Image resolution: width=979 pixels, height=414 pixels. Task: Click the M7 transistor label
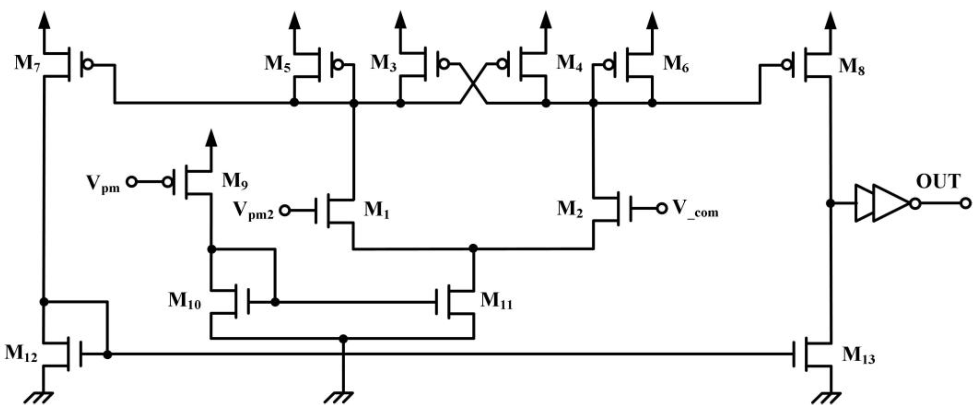27,63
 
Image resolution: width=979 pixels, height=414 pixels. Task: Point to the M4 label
569,63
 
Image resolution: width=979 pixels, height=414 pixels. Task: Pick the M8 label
852,67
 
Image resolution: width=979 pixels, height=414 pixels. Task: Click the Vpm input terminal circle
131,182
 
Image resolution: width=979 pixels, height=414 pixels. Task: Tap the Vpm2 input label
253,210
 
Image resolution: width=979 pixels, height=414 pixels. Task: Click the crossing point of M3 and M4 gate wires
473,83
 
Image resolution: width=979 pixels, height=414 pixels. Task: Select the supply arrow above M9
211,139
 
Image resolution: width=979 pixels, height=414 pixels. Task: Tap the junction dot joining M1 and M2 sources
473,249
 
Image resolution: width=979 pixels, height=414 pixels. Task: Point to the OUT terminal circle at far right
965,203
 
